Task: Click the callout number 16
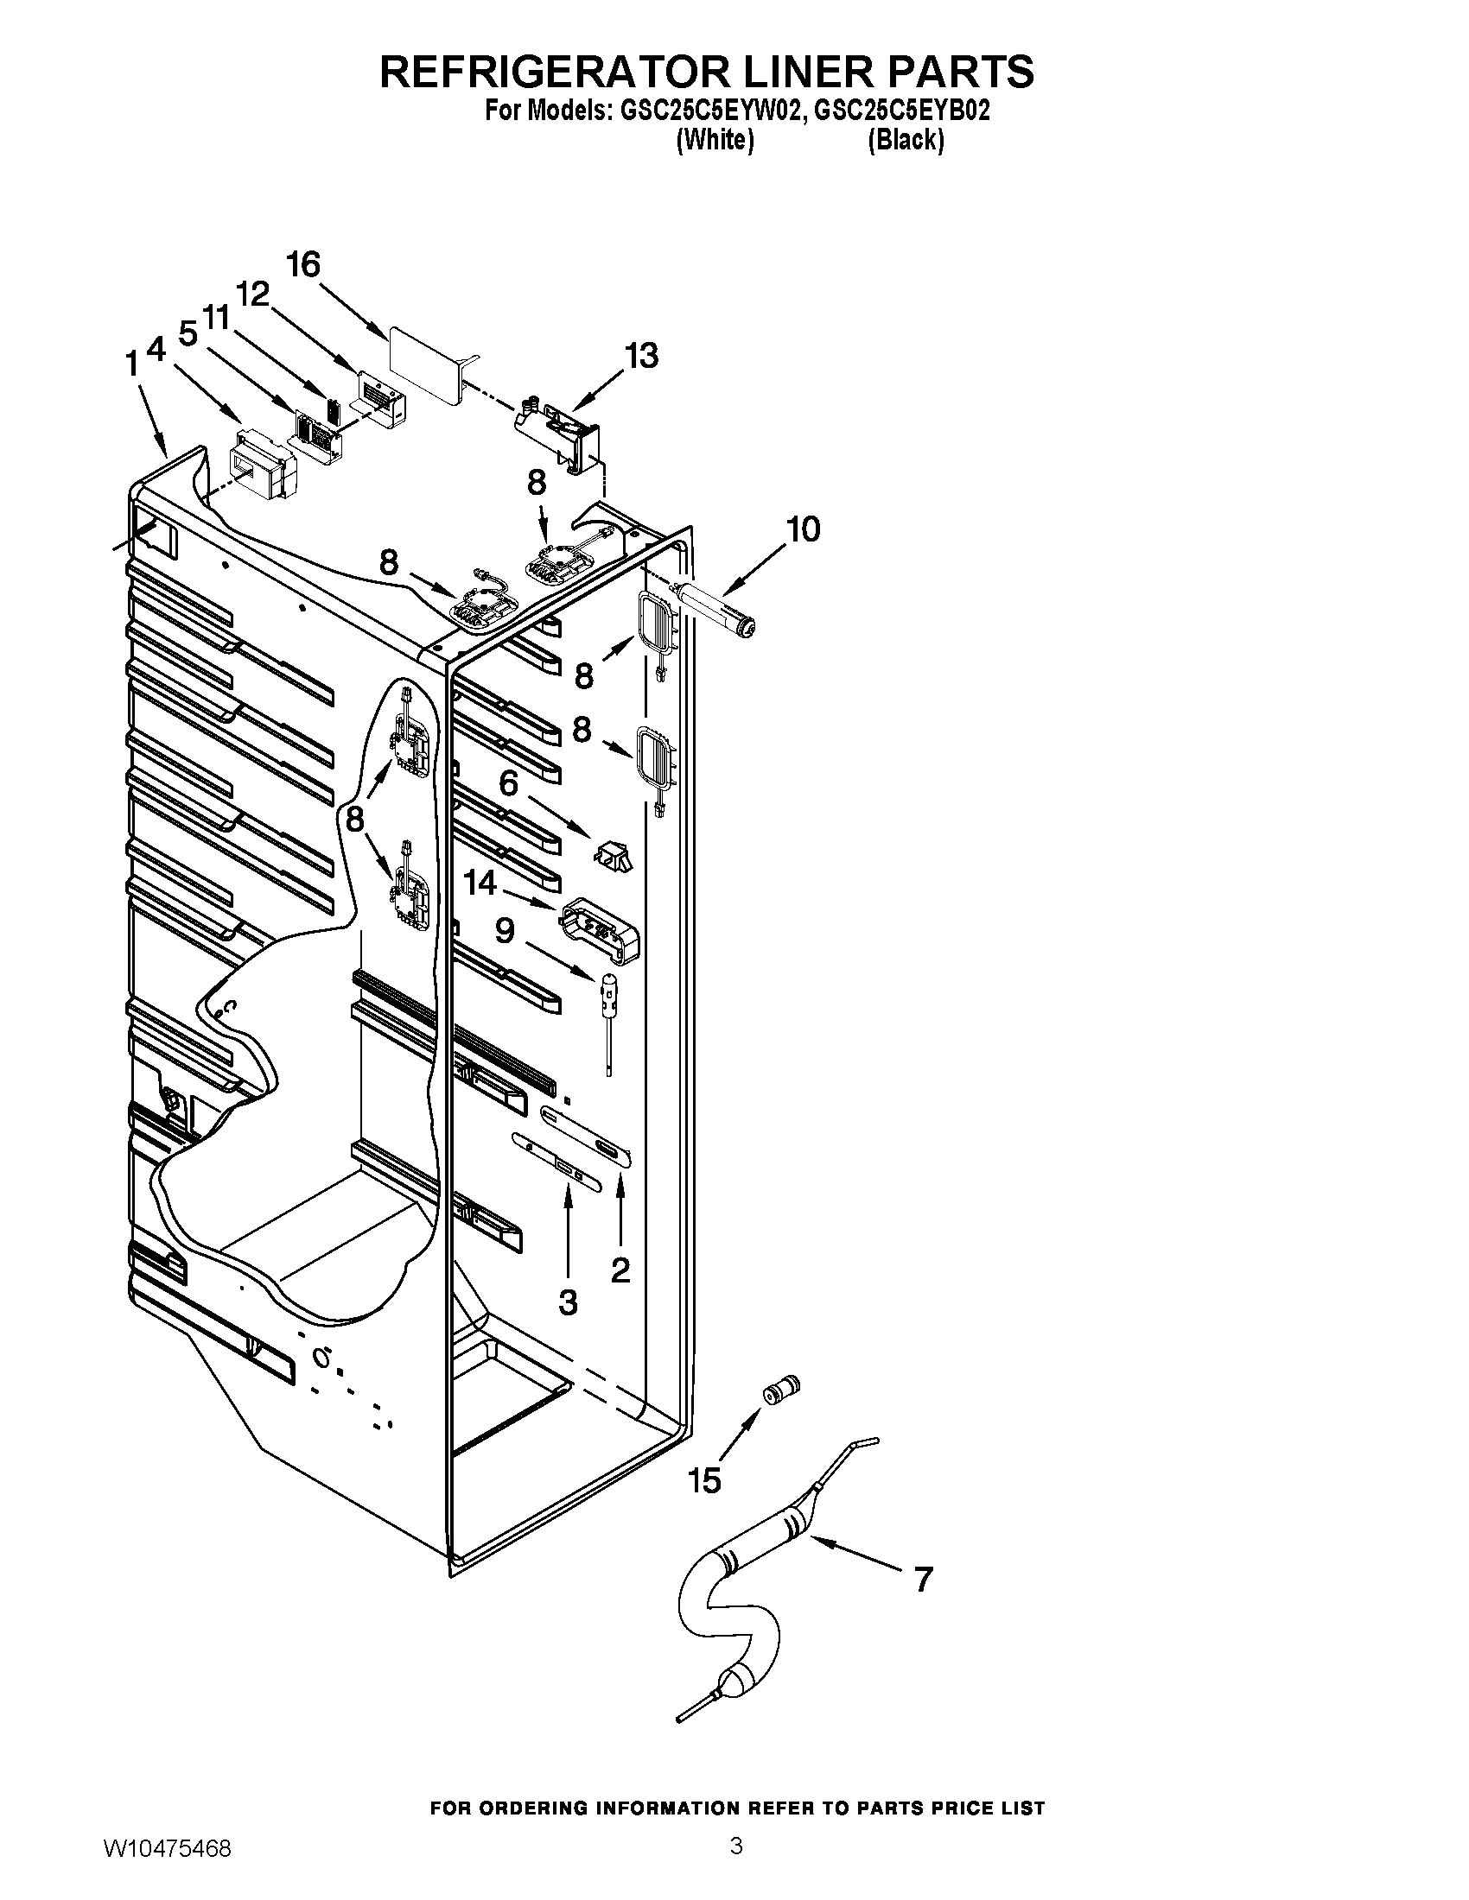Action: [303, 264]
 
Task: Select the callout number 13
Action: [642, 356]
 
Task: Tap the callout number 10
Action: [803, 529]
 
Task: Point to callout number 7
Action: [923, 1579]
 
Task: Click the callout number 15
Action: [705, 1479]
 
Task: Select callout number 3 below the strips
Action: [568, 1302]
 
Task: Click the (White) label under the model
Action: [715, 139]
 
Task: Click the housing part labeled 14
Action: [600, 932]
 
